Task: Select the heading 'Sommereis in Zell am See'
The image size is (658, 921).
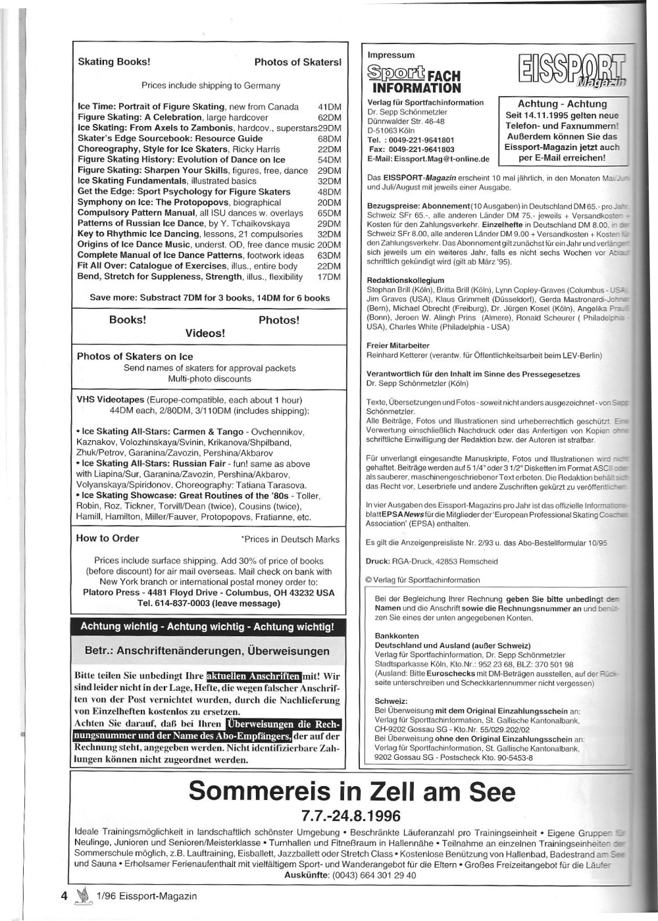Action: [x=351, y=791]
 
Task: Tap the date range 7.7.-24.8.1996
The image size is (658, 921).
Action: [x=351, y=816]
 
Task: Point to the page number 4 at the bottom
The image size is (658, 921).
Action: [x=64, y=895]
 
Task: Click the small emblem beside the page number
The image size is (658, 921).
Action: [x=82, y=895]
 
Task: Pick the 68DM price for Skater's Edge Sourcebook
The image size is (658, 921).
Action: [x=328, y=139]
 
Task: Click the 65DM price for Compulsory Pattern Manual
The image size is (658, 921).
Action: [x=328, y=213]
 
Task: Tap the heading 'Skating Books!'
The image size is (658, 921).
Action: [x=114, y=62]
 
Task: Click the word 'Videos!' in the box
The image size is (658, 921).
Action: [x=205, y=333]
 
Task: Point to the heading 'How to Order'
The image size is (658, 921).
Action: [x=107, y=538]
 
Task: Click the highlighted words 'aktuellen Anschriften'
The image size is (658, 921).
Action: [x=253, y=676]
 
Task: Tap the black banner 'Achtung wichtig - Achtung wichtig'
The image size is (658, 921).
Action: [x=207, y=626]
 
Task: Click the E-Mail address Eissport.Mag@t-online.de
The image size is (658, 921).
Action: [x=428, y=159]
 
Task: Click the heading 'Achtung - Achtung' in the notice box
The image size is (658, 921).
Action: [x=562, y=104]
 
